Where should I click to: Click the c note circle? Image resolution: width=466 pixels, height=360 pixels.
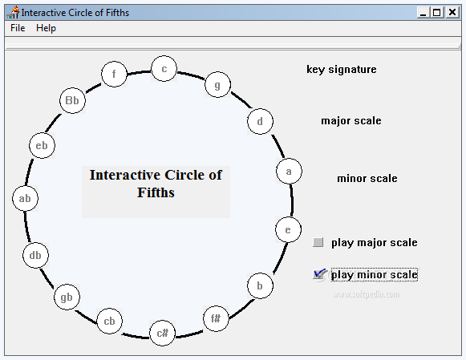point(164,69)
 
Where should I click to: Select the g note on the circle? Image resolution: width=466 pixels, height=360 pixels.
point(217,85)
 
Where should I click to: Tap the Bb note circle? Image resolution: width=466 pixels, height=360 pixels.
point(72,100)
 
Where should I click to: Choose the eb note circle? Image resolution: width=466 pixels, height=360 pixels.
point(42,146)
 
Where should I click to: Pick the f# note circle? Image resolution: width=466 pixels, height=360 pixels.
point(216,319)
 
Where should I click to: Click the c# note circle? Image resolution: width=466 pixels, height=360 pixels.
point(162,334)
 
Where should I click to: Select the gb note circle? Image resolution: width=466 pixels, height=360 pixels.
point(67,297)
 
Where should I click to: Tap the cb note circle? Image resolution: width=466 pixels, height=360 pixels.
point(109,321)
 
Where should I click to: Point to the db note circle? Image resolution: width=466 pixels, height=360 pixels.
point(35,255)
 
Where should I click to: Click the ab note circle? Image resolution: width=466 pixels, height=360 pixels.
point(25,198)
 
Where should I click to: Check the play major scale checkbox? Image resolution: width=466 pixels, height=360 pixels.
point(318,242)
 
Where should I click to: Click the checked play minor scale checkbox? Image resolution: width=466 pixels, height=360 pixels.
point(318,274)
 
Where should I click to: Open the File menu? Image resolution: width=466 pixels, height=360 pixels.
point(18,28)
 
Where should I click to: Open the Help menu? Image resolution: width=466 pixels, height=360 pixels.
point(46,28)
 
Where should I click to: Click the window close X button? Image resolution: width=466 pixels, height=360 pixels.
point(452,13)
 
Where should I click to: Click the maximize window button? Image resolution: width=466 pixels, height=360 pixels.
point(437,13)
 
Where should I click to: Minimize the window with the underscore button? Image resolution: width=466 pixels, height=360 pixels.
point(423,13)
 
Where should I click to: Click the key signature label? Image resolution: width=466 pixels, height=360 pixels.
point(342,69)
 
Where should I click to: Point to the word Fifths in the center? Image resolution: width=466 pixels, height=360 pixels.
point(156,192)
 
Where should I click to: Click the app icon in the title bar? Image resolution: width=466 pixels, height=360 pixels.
point(13,13)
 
